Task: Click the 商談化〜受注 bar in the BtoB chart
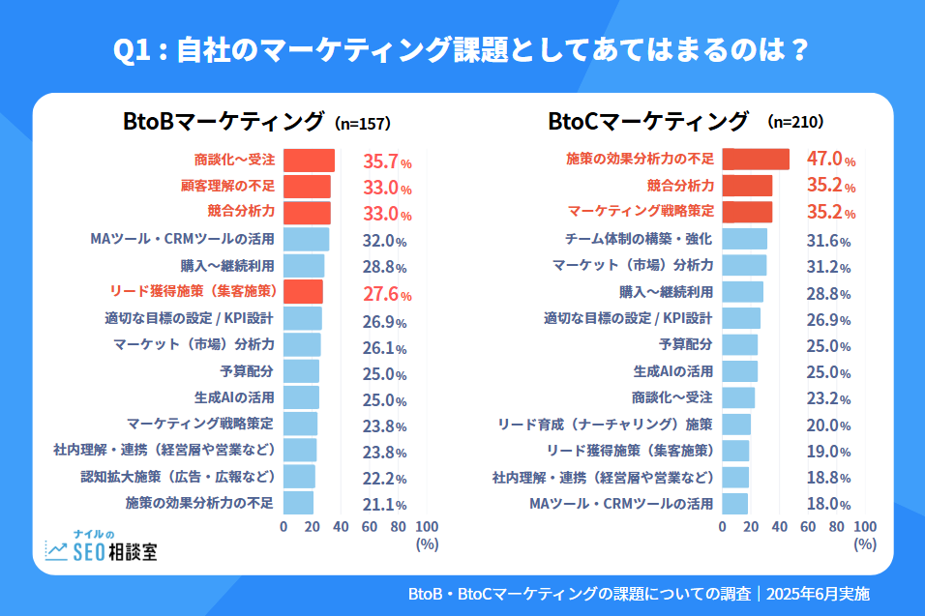pyautogui.click(x=309, y=161)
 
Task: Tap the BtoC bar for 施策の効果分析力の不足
pyautogui.click(x=756, y=160)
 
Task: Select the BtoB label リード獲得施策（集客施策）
pyautogui.click(x=193, y=291)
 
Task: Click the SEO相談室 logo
pyautogui.click(x=101, y=548)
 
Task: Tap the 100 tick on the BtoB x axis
pyautogui.click(x=427, y=526)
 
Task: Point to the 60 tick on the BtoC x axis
pyautogui.click(x=809, y=526)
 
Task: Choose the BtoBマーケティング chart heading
pyautogui.click(x=224, y=122)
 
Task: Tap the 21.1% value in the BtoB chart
pyautogui.click(x=384, y=504)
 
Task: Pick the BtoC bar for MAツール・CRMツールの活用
pyautogui.click(x=735, y=503)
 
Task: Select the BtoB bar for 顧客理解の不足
pyautogui.click(x=307, y=187)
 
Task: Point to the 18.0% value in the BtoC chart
pyautogui.click(x=828, y=504)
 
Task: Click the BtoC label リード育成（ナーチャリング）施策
pyautogui.click(x=605, y=424)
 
